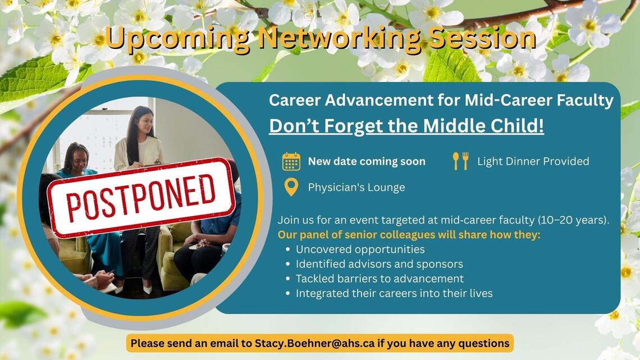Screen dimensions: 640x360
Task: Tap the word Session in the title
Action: click(483, 38)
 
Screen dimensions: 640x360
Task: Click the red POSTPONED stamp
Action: click(141, 197)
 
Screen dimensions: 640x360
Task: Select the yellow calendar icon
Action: click(291, 161)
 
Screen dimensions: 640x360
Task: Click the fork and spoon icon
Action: click(460, 161)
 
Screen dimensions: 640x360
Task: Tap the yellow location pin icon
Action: click(291, 188)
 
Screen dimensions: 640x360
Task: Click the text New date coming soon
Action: click(367, 162)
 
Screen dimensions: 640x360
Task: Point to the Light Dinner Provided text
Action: click(533, 161)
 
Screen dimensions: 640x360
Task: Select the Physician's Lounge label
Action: click(356, 188)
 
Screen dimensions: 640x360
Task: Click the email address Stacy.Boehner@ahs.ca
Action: click(314, 343)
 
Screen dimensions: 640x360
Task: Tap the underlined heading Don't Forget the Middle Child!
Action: click(406, 126)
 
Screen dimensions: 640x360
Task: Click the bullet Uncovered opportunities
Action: click(360, 249)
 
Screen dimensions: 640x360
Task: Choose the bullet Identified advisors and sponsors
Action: click(379, 264)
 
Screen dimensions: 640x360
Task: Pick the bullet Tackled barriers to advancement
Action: click(380, 279)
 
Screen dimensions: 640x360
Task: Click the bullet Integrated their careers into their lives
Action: click(394, 294)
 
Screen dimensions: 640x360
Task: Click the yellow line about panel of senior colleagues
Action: click(409, 235)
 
